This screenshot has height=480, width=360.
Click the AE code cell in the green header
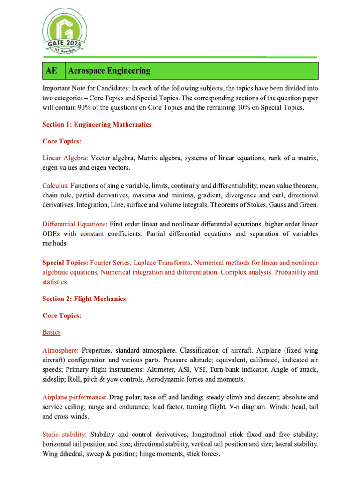click(52, 71)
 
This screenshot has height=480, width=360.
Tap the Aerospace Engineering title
click(109, 71)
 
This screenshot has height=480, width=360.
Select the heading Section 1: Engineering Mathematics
click(97, 125)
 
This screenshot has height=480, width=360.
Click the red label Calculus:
click(56, 186)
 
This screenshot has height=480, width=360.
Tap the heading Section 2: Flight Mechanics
click(84, 299)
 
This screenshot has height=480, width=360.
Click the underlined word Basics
click(51, 332)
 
